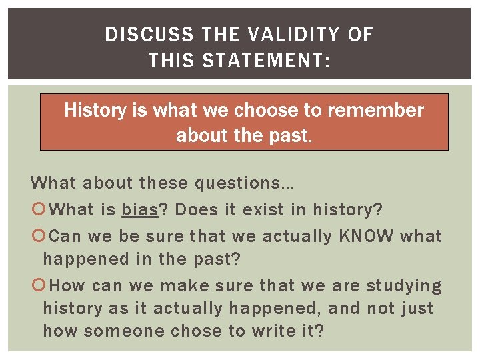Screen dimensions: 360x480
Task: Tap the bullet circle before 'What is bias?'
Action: click(37, 211)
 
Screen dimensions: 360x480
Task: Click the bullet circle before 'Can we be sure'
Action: click(37, 237)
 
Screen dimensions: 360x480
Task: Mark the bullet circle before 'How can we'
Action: click(37, 287)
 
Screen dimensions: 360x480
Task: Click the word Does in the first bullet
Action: click(197, 210)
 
